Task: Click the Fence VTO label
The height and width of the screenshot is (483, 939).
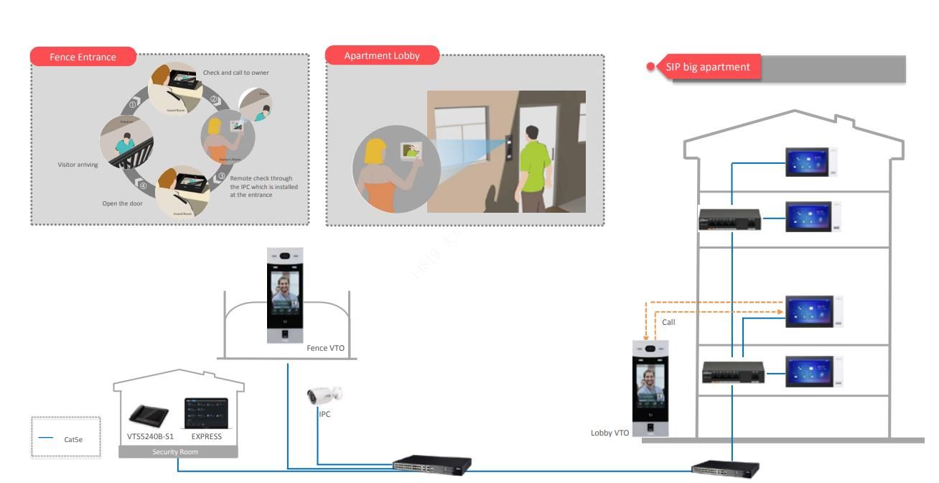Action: [x=325, y=348]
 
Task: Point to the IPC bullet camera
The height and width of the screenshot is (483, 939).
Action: [x=324, y=395]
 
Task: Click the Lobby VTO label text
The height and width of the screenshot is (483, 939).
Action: [x=609, y=433]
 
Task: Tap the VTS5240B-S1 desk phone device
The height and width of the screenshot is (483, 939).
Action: [x=149, y=415]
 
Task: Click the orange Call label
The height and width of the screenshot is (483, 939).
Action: [x=668, y=322]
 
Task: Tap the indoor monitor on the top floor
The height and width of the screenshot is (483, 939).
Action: [x=808, y=162]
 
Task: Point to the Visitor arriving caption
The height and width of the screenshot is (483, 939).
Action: [x=78, y=165]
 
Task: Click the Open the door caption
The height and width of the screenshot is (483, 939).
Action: [x=122, y=203]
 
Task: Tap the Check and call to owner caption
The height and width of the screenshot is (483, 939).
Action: [x=235, y=73]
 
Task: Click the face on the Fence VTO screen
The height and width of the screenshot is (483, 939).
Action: [x=285, y=293]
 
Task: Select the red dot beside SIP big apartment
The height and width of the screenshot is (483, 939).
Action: [x=651, y=67]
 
